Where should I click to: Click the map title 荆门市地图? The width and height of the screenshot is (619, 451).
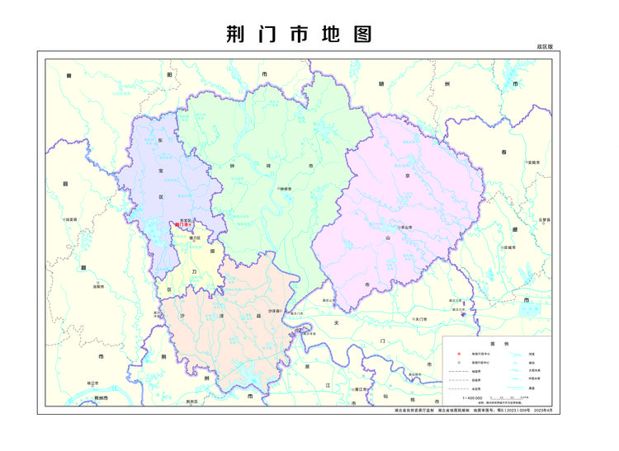click(x=299, y=33)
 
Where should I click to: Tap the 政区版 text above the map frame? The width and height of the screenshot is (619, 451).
click(x=544, y=48)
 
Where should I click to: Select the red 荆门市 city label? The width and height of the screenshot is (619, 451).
click(x=183, y=224)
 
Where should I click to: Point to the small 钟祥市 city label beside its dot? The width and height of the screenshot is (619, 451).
click(x=288, y=189)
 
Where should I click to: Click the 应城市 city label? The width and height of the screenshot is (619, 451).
click(x=508, y=247)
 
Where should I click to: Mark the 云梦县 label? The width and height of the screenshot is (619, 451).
click(x=544, y=220)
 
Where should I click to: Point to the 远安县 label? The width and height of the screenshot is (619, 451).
click(x=71, y=219)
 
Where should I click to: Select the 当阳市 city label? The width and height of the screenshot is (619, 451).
click(x=98, y=286)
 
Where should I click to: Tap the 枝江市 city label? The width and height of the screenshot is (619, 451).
click(x=92, y=383)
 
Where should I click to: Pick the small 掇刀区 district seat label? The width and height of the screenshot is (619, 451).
click(x=196, y=237)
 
